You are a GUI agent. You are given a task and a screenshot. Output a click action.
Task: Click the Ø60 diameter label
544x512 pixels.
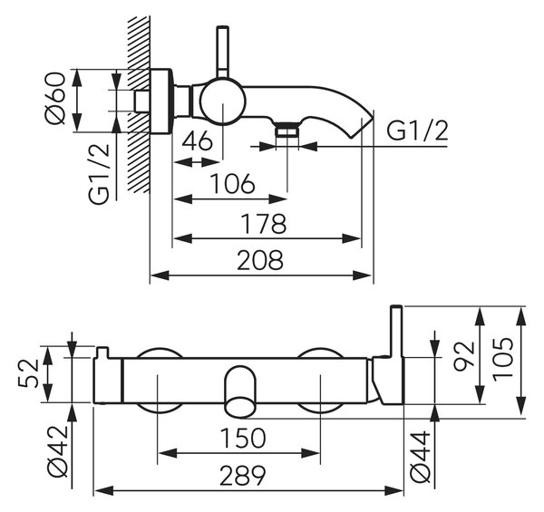coord(55,98)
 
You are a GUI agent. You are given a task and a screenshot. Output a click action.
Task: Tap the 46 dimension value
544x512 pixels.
coord(197,141)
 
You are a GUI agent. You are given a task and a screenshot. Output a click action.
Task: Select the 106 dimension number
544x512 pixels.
coord(233,183)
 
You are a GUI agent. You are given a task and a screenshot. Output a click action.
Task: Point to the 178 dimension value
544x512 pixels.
coord(264,224)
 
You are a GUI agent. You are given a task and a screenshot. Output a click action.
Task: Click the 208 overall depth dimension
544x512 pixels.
coord(260,260)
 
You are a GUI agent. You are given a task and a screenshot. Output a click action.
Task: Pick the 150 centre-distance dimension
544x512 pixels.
coord(243,438)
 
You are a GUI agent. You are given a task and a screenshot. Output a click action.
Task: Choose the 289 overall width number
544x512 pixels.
coord(243,475)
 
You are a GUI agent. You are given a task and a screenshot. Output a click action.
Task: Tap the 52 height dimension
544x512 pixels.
coord(28,373)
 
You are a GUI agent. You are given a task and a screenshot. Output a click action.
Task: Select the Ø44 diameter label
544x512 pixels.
coord(421,458)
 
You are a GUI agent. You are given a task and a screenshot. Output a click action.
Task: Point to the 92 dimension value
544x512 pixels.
coord(464,356)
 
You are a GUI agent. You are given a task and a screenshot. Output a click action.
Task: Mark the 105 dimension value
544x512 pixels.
coord(502,359)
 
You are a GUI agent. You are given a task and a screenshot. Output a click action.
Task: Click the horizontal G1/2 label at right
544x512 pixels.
coord(417,130)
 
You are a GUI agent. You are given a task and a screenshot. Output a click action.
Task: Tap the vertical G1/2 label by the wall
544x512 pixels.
coord(99,174)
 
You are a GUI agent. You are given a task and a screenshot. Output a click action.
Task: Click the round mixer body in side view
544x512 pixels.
coord(223,101)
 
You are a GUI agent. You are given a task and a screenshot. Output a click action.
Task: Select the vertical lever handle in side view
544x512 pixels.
coord(222,53)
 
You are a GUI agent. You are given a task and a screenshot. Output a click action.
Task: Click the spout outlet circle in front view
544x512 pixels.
coord(239,407)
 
